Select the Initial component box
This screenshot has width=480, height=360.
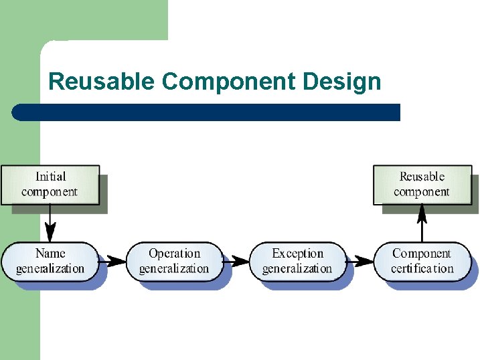point(50,185)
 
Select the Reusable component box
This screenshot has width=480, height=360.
point(422,185)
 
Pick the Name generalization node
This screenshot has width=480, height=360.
point(50,261)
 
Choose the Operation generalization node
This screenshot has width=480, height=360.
point(174,261)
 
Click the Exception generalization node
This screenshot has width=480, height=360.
point(297,261)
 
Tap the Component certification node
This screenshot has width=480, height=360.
point(422,261)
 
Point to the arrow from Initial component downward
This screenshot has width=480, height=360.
point(50,223)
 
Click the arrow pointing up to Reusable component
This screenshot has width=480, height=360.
point(422,223)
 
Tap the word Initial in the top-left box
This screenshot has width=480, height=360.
point(50,177)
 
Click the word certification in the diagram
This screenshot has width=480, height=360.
point(422,269)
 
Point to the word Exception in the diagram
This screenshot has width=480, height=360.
point(297,254)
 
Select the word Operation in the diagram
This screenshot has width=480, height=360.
point(174,254)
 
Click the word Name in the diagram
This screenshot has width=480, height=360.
point(50,254)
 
